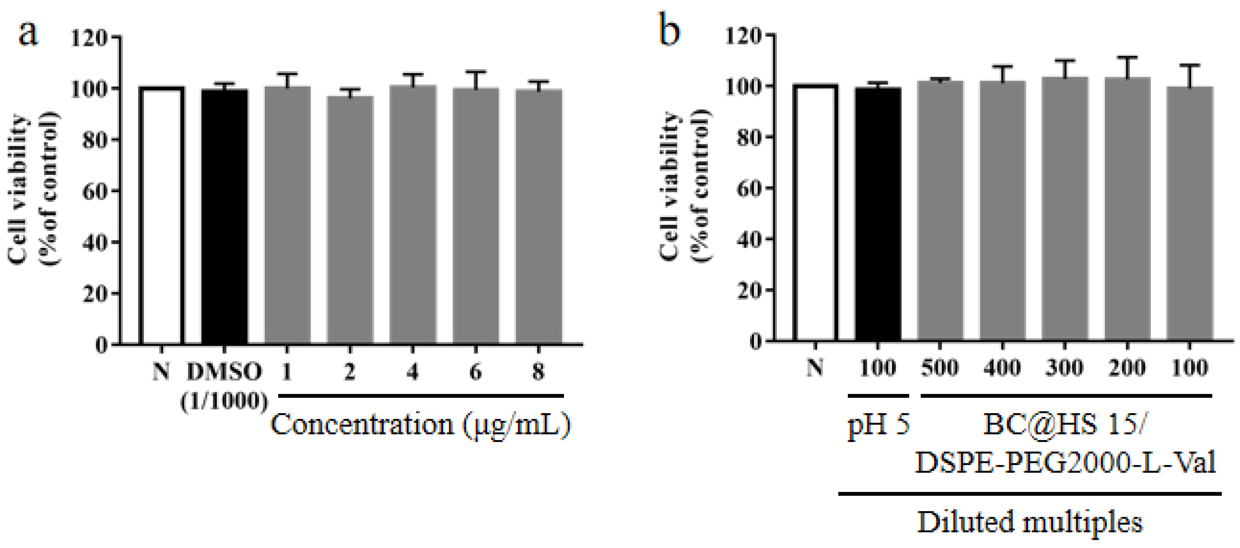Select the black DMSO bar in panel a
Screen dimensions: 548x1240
pyautogui.click(x=224, y=217)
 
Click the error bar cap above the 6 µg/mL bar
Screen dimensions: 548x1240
pyautogui.click(x=476, y=72)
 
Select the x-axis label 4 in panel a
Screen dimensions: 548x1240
pyautogui.click(x=412, y=371)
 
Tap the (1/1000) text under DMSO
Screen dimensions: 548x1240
pyautogui.click(x=224, y=401)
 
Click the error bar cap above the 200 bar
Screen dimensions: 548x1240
pyautogui.click(x=1127, y=57)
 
